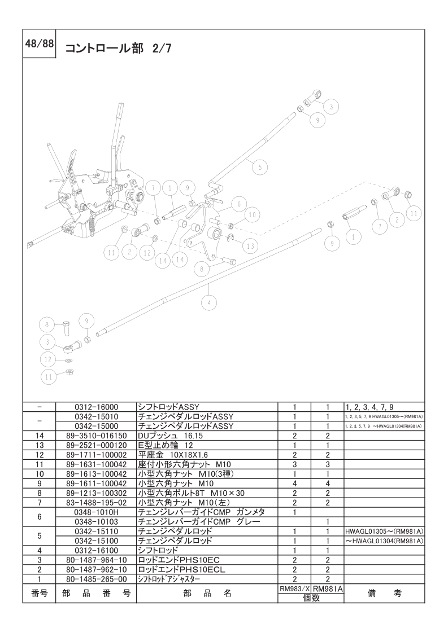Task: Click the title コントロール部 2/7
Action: coord(118,49)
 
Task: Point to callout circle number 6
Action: coord(239,204)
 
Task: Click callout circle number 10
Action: coord(252,215)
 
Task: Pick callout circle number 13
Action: coord(250,245)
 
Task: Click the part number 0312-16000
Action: coord(95,406)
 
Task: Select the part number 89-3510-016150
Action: coord(95,436)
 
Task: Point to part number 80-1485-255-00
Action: coord(95,579)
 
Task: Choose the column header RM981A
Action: coord(327,588)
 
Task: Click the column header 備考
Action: coord(384,593)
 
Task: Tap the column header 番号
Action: coord(39,593)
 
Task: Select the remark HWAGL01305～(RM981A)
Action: coord(384,531)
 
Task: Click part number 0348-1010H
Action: coord(95,512)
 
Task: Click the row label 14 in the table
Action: coord(39,436)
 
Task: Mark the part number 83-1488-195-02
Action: coord(95,502)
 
